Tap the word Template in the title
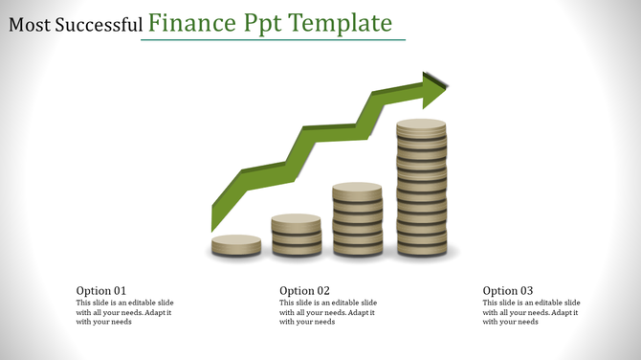tap(338, 22)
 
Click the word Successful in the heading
tap(100, 25)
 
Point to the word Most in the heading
tap(30, 25)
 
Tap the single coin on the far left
tap(236, 245)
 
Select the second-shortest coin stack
tap(296, 236)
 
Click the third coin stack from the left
tap(357, 220)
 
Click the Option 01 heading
tap(101, 291)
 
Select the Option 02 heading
tap(304, 291)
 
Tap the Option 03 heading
tap(508, 291)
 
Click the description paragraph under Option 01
tap(124, 312)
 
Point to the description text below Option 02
tap(328, 312)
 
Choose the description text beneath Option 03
tap(531, 312)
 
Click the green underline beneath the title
tap(273, 40)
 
